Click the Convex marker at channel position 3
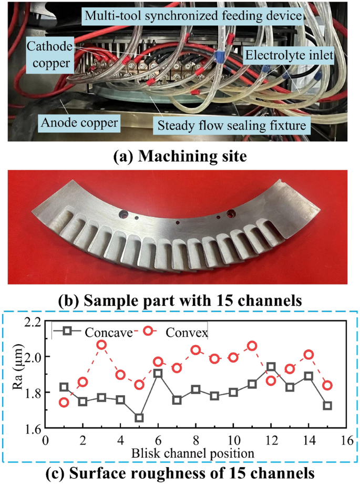(101, 345)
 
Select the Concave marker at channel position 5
(139, 418)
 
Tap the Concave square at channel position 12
(271, 367)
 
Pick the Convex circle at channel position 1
(64, 403)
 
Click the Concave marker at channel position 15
(327, 406)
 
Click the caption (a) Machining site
(180, 157)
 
